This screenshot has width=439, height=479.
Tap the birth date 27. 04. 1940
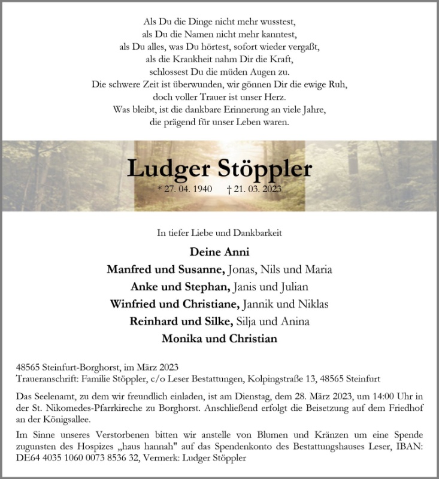pos(186,189)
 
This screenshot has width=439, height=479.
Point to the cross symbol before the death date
pos(229,189)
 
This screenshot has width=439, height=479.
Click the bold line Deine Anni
pos(219,251)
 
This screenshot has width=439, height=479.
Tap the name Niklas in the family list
pos(313,304)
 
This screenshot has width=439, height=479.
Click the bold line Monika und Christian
pos(219,339)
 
